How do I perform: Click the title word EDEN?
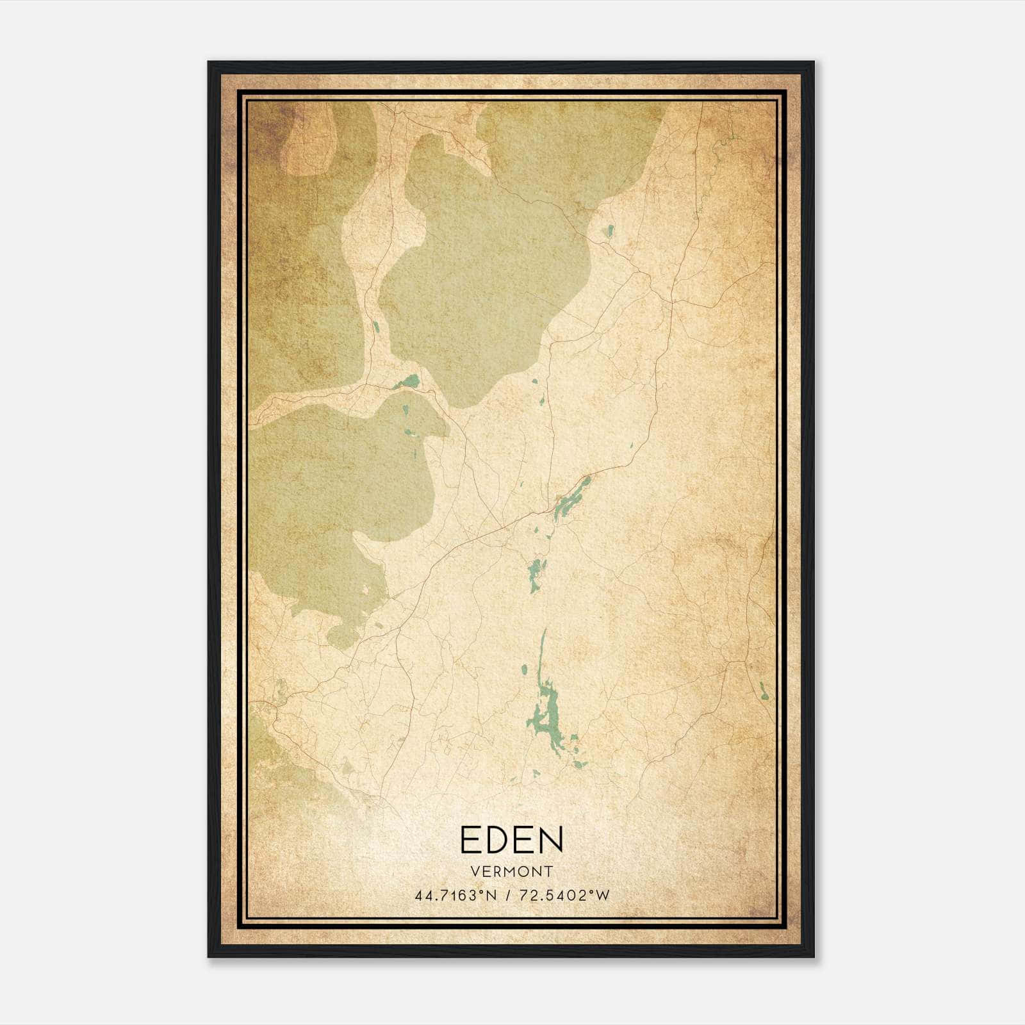tap(511, 840)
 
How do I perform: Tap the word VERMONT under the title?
tap(511, 871)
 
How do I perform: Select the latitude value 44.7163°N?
tap(455, 896)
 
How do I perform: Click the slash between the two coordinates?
tap(507, 896)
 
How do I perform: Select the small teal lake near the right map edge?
tap(764, 691)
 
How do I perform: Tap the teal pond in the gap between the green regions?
tap(407, 382)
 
